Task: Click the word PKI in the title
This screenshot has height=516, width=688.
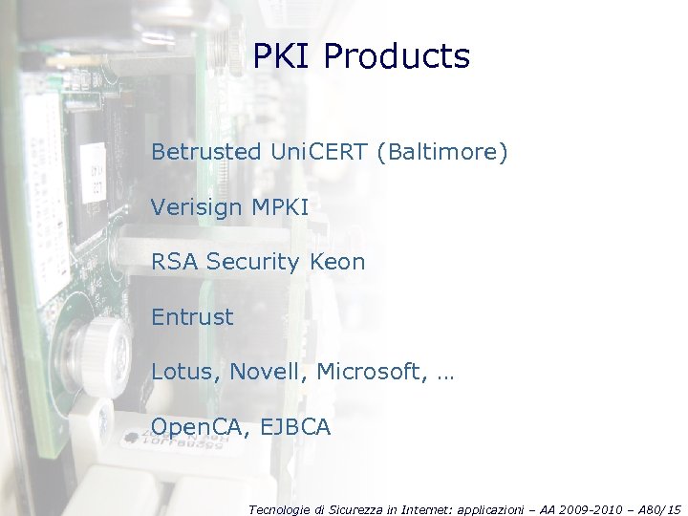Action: pyautogui.click(x=284, y=57)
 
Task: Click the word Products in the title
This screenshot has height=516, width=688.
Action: pyautogui.click(x=397, y=57)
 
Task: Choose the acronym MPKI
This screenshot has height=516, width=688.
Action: pyautogui.click(x=279, y=206)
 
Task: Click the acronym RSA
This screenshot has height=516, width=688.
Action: pyautogui.click(x=175, y=261)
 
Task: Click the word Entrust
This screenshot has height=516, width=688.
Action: pyautogui.click(x=192, y=316)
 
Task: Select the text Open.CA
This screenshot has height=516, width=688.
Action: pyautogui.click(x=196, y=427)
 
